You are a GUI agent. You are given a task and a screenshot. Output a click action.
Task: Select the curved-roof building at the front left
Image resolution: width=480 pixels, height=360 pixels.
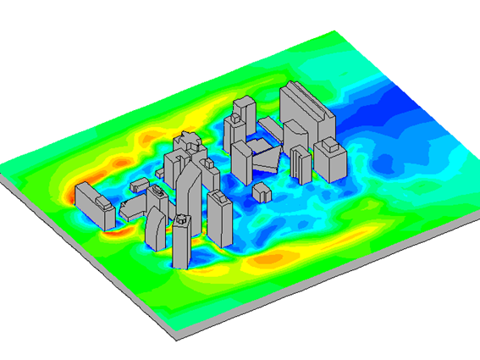pos(155,229)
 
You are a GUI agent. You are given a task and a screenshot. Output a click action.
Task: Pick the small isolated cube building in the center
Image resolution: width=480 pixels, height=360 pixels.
pos(263,191)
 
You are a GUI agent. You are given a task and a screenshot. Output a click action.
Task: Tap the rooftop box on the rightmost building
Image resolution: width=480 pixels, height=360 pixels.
pos(331,145)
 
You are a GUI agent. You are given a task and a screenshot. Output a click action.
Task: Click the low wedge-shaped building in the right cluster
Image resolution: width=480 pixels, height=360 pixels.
pos(268,158)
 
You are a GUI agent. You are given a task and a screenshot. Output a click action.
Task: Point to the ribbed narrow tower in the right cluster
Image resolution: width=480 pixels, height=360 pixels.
pos(301,165)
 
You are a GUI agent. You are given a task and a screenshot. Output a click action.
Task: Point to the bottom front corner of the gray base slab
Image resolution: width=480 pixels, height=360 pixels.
pos(175,339)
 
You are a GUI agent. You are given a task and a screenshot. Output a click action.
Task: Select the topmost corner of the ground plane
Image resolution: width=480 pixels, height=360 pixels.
pos(336,32)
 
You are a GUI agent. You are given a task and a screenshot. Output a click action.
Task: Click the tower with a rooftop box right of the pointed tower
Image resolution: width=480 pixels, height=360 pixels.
pos(219,222)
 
